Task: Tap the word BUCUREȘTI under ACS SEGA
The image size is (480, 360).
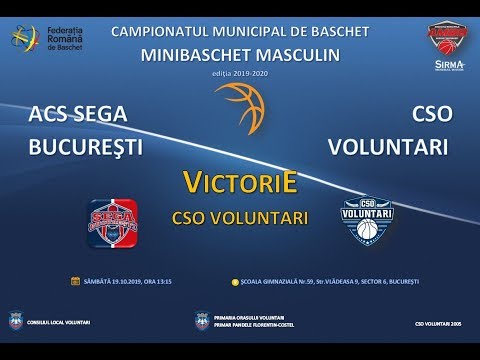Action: point(86,146)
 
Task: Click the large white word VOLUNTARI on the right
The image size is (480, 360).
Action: point(390,146)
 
